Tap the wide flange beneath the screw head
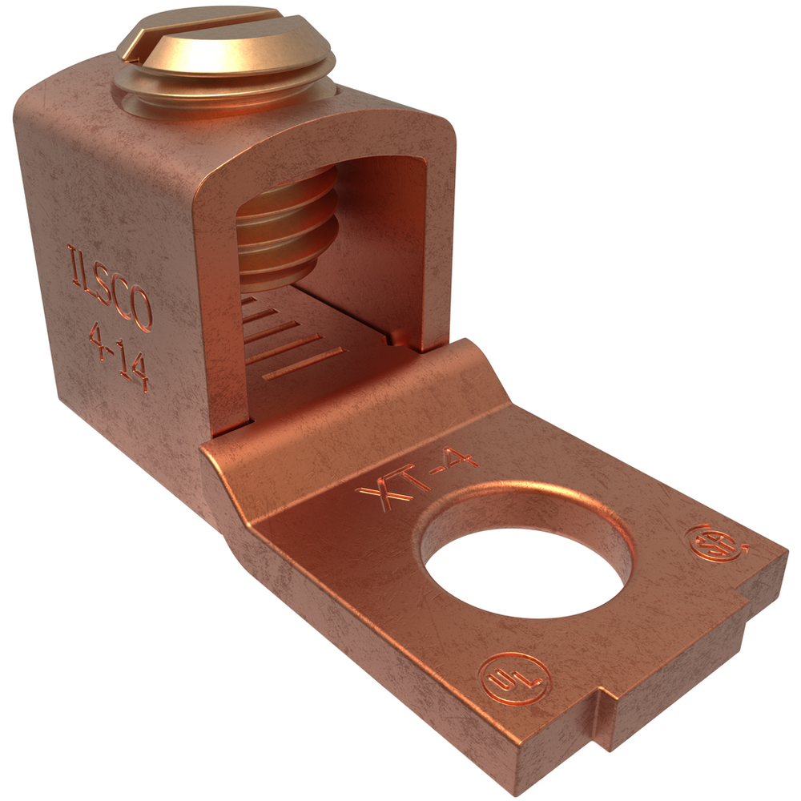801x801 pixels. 220,84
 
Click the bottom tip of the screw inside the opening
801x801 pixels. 272,280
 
